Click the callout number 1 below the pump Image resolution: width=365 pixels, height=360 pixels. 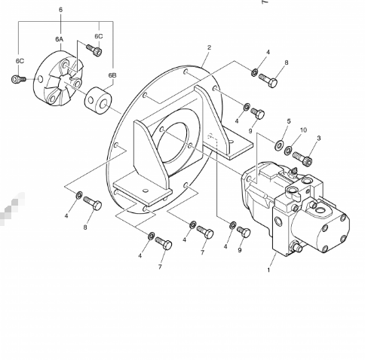coord(268,270)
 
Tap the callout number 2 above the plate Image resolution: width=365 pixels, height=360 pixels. coord(209,47)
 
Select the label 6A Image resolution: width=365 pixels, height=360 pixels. coord(60,39)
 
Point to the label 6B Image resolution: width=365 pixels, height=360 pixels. coord(112,75)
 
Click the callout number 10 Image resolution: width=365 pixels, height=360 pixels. coord(303,130)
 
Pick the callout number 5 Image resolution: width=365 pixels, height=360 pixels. coord(289,121)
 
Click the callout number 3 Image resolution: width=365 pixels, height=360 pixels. coord(319,138)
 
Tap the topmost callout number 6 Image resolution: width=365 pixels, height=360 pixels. coord(60,10)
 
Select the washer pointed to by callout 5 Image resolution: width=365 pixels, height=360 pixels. coord(279,145)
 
